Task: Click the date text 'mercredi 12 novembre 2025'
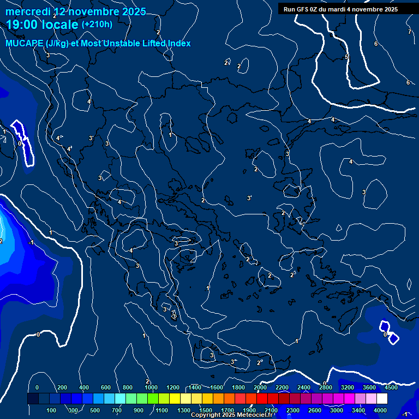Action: click(x=76, y=11)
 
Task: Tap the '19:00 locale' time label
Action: click(x=43, y=25)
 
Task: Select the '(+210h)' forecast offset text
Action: click(x=97, y=25)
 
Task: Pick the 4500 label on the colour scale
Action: click(x=391, y=387)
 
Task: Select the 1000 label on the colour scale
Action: click(x=151, y=387)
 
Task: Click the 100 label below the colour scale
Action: click(x=52, y=410)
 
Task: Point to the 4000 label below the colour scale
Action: click(x=380, y=410)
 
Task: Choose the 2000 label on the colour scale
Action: click(x=260, y=387)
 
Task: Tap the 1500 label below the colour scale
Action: click(x=206, y=410)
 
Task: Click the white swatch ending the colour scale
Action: click(x=382, y=399)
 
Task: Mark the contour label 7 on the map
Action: click(x=410, y=32)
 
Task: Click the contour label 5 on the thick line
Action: click(x=346, y=57)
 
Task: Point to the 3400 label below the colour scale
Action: click(x=358, y=410)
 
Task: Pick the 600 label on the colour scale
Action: click(x=106, y=387)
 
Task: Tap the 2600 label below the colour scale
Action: click(x=315, y=410)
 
